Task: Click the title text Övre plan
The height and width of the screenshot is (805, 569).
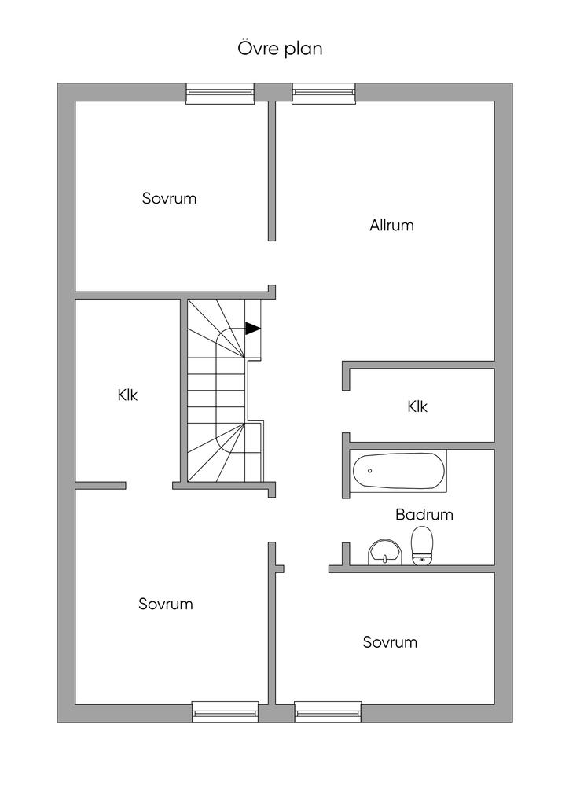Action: pyautogui.click(x=281, y=49)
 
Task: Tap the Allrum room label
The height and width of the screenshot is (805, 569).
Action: pyautogui.click(x=391, y=226)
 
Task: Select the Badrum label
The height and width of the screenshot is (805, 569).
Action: pyautogui.click(x=424, y=515)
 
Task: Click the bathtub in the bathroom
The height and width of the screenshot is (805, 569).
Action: pyautogui.click(x=398, y=471)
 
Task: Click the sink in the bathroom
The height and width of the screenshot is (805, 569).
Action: pyautogui.click(x=384, y=552)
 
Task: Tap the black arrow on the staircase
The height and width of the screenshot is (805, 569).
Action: pyautogui.click(x=252, y=329)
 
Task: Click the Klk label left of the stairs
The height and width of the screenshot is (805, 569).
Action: pyautogui.click(x=127, y=395)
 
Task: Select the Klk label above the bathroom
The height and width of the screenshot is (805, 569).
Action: pyautogui.click(x=417, y=407)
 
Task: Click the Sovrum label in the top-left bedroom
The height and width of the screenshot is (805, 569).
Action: pyautogui.click(x=169, y=198)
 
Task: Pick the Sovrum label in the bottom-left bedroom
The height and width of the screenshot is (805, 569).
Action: pyautogui.click(x=166, y=605)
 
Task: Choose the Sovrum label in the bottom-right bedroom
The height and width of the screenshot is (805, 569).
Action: pyautogui.click(x=390, y=642)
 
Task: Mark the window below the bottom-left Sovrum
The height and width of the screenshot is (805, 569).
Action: pyautogui.click(x=226, y=711)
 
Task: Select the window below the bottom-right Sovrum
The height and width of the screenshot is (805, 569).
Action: pyautogui.click(x=329, y=711)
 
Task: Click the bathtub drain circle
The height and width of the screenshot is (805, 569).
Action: pyautogui.click(x=369, y=471)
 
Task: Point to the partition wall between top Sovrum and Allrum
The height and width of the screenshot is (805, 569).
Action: pyautogui.click(x=272, y=169)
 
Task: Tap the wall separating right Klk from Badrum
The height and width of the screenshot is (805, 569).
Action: pyautogui.click(x=420, y=444)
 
